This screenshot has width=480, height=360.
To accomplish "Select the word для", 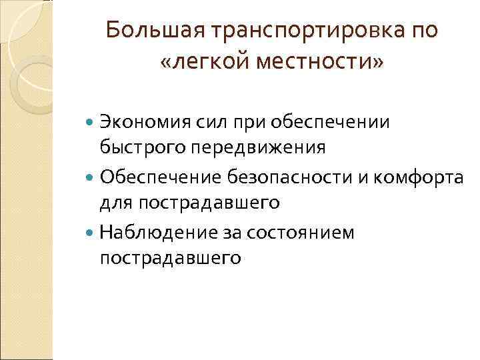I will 114,201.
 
